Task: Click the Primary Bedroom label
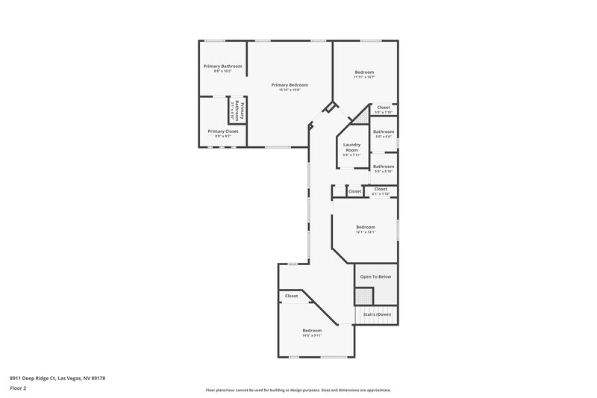[290, 85]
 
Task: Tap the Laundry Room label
[351, 147]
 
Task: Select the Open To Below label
[376, 276]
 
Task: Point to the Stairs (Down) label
[377, 314]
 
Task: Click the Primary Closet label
[222, 131]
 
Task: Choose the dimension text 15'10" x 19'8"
[290, 90]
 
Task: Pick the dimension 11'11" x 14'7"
[364, 77]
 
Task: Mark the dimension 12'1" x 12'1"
[365, 231]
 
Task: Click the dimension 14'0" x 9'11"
[312, 335]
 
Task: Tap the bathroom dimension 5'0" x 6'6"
[384, 137]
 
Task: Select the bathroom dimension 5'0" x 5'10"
[384, 171]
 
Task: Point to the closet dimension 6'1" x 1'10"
[381, 193]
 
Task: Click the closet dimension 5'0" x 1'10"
[384, 112]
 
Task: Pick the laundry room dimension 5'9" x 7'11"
[351, 155]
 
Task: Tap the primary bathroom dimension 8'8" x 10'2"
[222, 71]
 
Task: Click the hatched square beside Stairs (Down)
[363, 296]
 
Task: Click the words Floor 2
[18, 388]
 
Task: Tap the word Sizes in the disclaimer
[322, 390]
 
